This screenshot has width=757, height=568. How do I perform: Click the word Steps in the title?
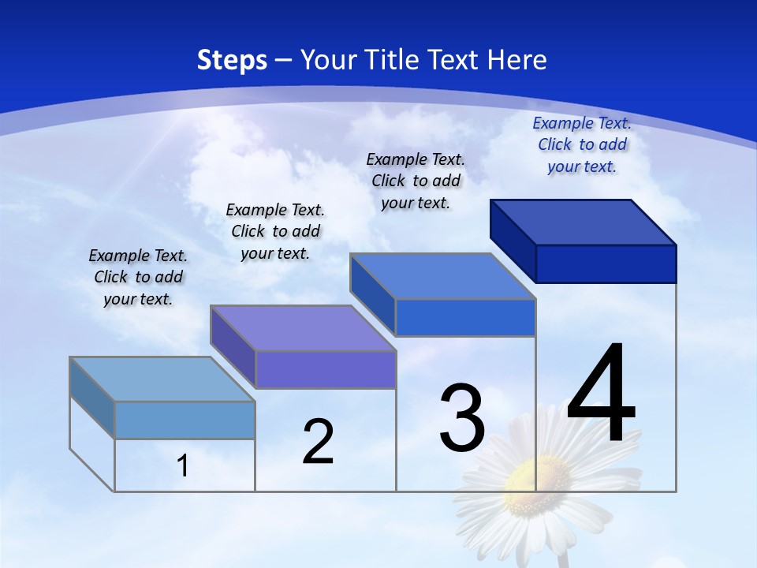[x=232, y=60]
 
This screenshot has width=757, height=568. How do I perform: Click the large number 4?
[x=601, y=394]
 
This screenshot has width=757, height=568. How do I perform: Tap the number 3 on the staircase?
[x=462, y=418]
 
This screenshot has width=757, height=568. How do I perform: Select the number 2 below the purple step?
[x=318, y=442]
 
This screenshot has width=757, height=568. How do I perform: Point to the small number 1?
[x=182, y=466]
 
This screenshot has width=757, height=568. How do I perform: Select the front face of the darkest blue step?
[x=606, y=263]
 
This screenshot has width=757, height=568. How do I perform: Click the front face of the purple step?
[x=326, y=369]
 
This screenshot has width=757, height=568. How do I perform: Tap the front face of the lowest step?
[x=185, y=420]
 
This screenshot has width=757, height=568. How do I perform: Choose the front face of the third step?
[x=465, y=317]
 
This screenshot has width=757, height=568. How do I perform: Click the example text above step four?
[x=582, y=144]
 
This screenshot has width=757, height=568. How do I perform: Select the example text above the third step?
[x=416, y=181]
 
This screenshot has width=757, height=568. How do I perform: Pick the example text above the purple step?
[x=275, y=231]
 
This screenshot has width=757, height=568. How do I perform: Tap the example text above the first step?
[x=138, y=277]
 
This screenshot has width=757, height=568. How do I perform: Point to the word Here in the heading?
[x=518, y=60]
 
